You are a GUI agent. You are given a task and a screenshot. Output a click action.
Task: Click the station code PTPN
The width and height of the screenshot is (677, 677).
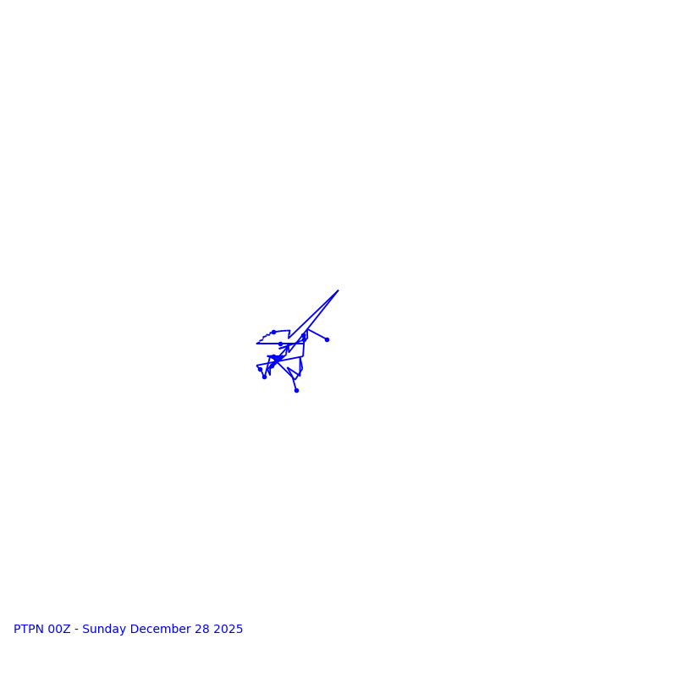click(x=30, y=630)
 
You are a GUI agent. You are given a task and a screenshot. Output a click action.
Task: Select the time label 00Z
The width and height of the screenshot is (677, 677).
click(x=59, y=630)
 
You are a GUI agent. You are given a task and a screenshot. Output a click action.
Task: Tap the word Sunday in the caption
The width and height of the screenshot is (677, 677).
click(x=104, y=630)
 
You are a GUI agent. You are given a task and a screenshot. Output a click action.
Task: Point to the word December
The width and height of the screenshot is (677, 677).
click(x=160, y=630)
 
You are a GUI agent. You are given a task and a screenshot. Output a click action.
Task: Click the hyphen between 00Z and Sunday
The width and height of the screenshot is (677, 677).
click(x=77, y=630)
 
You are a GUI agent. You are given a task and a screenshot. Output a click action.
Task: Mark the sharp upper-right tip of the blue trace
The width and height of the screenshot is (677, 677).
click(x=338, y=290)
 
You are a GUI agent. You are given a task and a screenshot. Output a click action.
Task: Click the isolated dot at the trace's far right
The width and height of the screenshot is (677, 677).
click(x=327, y=339)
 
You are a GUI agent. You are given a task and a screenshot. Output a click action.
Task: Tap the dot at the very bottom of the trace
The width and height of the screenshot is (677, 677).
click(x=296, y=390)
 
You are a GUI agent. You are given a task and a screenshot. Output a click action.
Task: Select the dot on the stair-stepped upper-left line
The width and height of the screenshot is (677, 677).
click(x=273, y=332)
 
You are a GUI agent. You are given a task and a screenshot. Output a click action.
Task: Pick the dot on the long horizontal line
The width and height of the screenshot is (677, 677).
click(x=280, y=344)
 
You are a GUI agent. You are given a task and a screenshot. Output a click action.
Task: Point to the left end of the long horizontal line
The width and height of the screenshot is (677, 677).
click(x=257, y=344)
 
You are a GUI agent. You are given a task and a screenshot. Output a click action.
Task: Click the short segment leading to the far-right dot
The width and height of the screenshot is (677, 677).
click(x=317, y=334)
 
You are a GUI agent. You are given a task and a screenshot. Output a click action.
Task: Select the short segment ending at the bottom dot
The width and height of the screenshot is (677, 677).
click(x=294, y=384)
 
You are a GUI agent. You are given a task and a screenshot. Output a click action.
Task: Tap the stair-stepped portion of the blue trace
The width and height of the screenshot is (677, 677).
click(x=263, y=337)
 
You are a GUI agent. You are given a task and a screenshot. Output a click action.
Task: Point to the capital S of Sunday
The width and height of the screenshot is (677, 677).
click(x=85, y=630)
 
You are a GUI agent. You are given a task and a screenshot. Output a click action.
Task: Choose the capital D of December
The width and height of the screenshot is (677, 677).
click(x=135, y=630)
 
